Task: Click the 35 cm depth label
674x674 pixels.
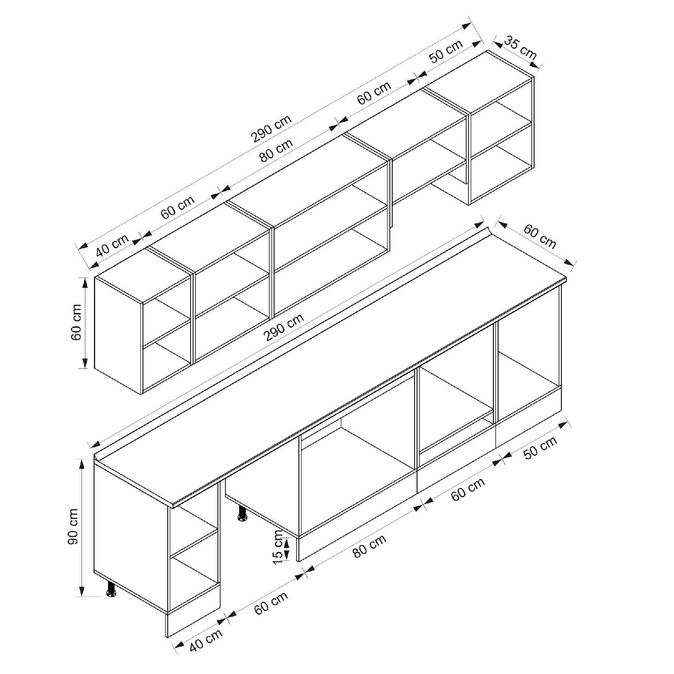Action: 520,47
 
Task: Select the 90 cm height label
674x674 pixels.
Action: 73,526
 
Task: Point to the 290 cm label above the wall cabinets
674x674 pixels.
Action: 271,128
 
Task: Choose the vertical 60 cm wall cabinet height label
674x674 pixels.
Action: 76,322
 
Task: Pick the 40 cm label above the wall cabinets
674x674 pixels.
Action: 112,245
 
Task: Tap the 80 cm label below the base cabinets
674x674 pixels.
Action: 369,546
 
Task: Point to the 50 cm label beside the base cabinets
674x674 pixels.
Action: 540,448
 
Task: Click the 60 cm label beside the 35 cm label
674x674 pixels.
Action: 540,236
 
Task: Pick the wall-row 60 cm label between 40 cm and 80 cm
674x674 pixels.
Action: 178,207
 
